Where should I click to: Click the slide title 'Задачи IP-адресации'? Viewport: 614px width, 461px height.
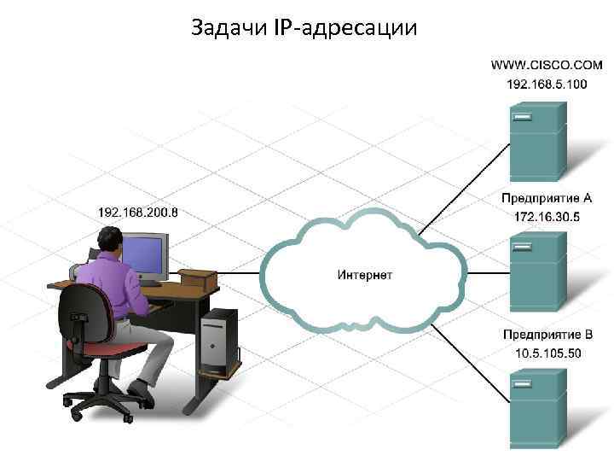point(304,28)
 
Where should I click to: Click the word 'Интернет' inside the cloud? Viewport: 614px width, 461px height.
point(364,275)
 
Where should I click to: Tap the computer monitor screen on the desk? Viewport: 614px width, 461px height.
point(145,254)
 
